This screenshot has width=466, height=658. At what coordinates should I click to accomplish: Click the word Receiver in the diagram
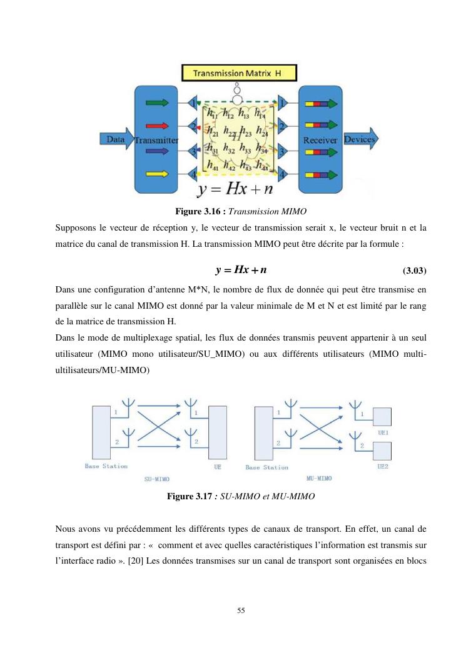(x=320, y=140)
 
